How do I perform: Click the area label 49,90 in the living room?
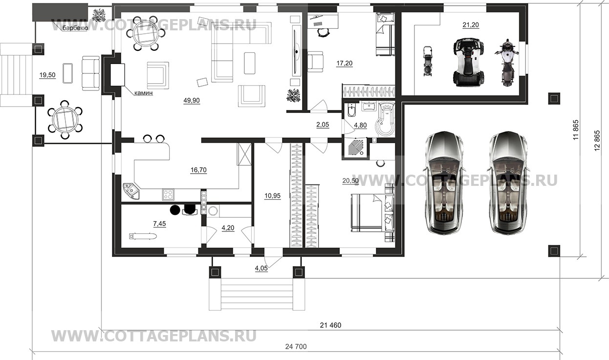click(192, 100)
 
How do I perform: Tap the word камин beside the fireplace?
click(144, 93)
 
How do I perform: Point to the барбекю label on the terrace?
click(75, 28)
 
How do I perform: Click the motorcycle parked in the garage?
click(507, 63)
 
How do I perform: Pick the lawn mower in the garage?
click(428, 61)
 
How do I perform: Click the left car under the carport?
click(444, 182)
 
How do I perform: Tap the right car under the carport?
click(508, 182)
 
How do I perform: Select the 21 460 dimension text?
click(330, 325)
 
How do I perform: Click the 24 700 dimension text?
click(296, 347)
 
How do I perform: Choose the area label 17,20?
click(344, 64)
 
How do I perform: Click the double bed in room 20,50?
click(372, 213)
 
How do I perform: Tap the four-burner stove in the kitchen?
click(168, 195)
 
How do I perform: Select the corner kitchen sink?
click(131, 191)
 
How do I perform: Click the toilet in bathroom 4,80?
click(351, 110)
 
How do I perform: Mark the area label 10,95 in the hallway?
click(272, 196)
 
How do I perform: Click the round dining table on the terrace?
click(65, 120)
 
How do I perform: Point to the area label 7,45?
click(160, 224)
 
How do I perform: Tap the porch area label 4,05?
click(261, 269)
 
